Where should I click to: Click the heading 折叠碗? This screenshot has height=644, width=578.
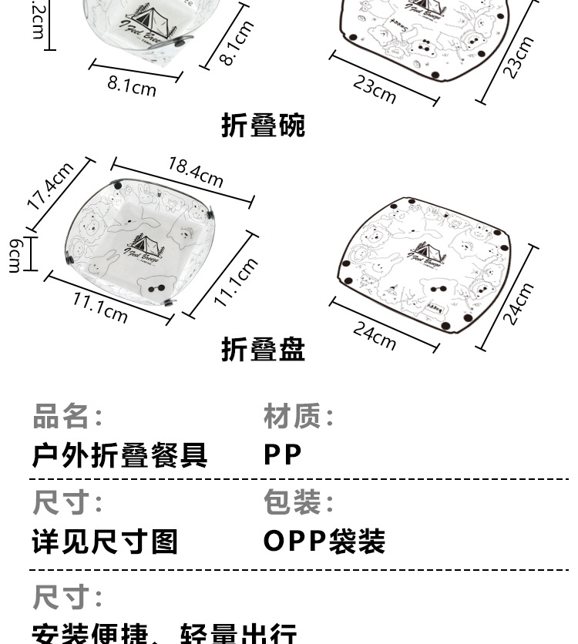click(x=264, y=125)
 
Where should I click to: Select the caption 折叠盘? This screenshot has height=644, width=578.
click(x=264, y=349)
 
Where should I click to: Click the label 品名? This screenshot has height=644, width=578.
click(x=67, y=417)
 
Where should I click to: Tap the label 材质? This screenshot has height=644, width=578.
click(x=299, y=417)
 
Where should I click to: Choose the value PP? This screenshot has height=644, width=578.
click(x=283, y=454)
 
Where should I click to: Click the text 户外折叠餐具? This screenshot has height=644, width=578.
click(x=119, y=454)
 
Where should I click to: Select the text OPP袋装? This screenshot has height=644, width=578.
click(x=324, y=542)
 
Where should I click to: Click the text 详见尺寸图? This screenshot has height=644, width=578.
click(x=105, y=542)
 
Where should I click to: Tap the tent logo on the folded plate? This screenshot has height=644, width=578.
click(x=145, y=246)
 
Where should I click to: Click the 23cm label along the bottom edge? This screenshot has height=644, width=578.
click(x=375, y=88)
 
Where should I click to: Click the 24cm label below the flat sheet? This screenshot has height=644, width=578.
click(x=375, y=334)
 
